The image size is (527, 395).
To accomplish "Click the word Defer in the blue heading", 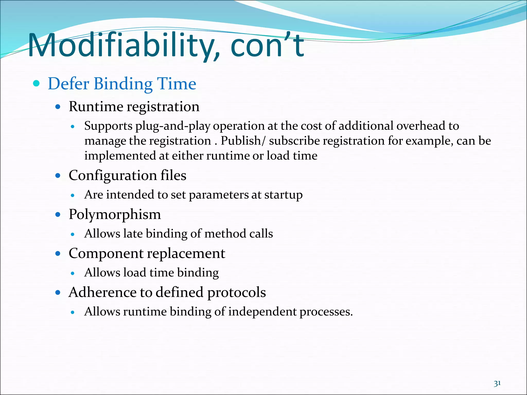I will tap(68, 84).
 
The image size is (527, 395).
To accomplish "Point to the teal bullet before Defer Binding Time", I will tap(37, 83).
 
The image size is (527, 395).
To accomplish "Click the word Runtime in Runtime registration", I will tap(96, 106).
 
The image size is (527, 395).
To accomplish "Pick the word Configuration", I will tap(113, 176).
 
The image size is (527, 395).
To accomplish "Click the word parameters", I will tap(218, 195).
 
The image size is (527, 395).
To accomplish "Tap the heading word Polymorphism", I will tap(115, 214).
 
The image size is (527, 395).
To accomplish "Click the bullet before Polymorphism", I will tap(58, 214).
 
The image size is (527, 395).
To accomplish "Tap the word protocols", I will tap(236, 292).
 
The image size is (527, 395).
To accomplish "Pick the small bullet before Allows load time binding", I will tap(73, 273).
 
